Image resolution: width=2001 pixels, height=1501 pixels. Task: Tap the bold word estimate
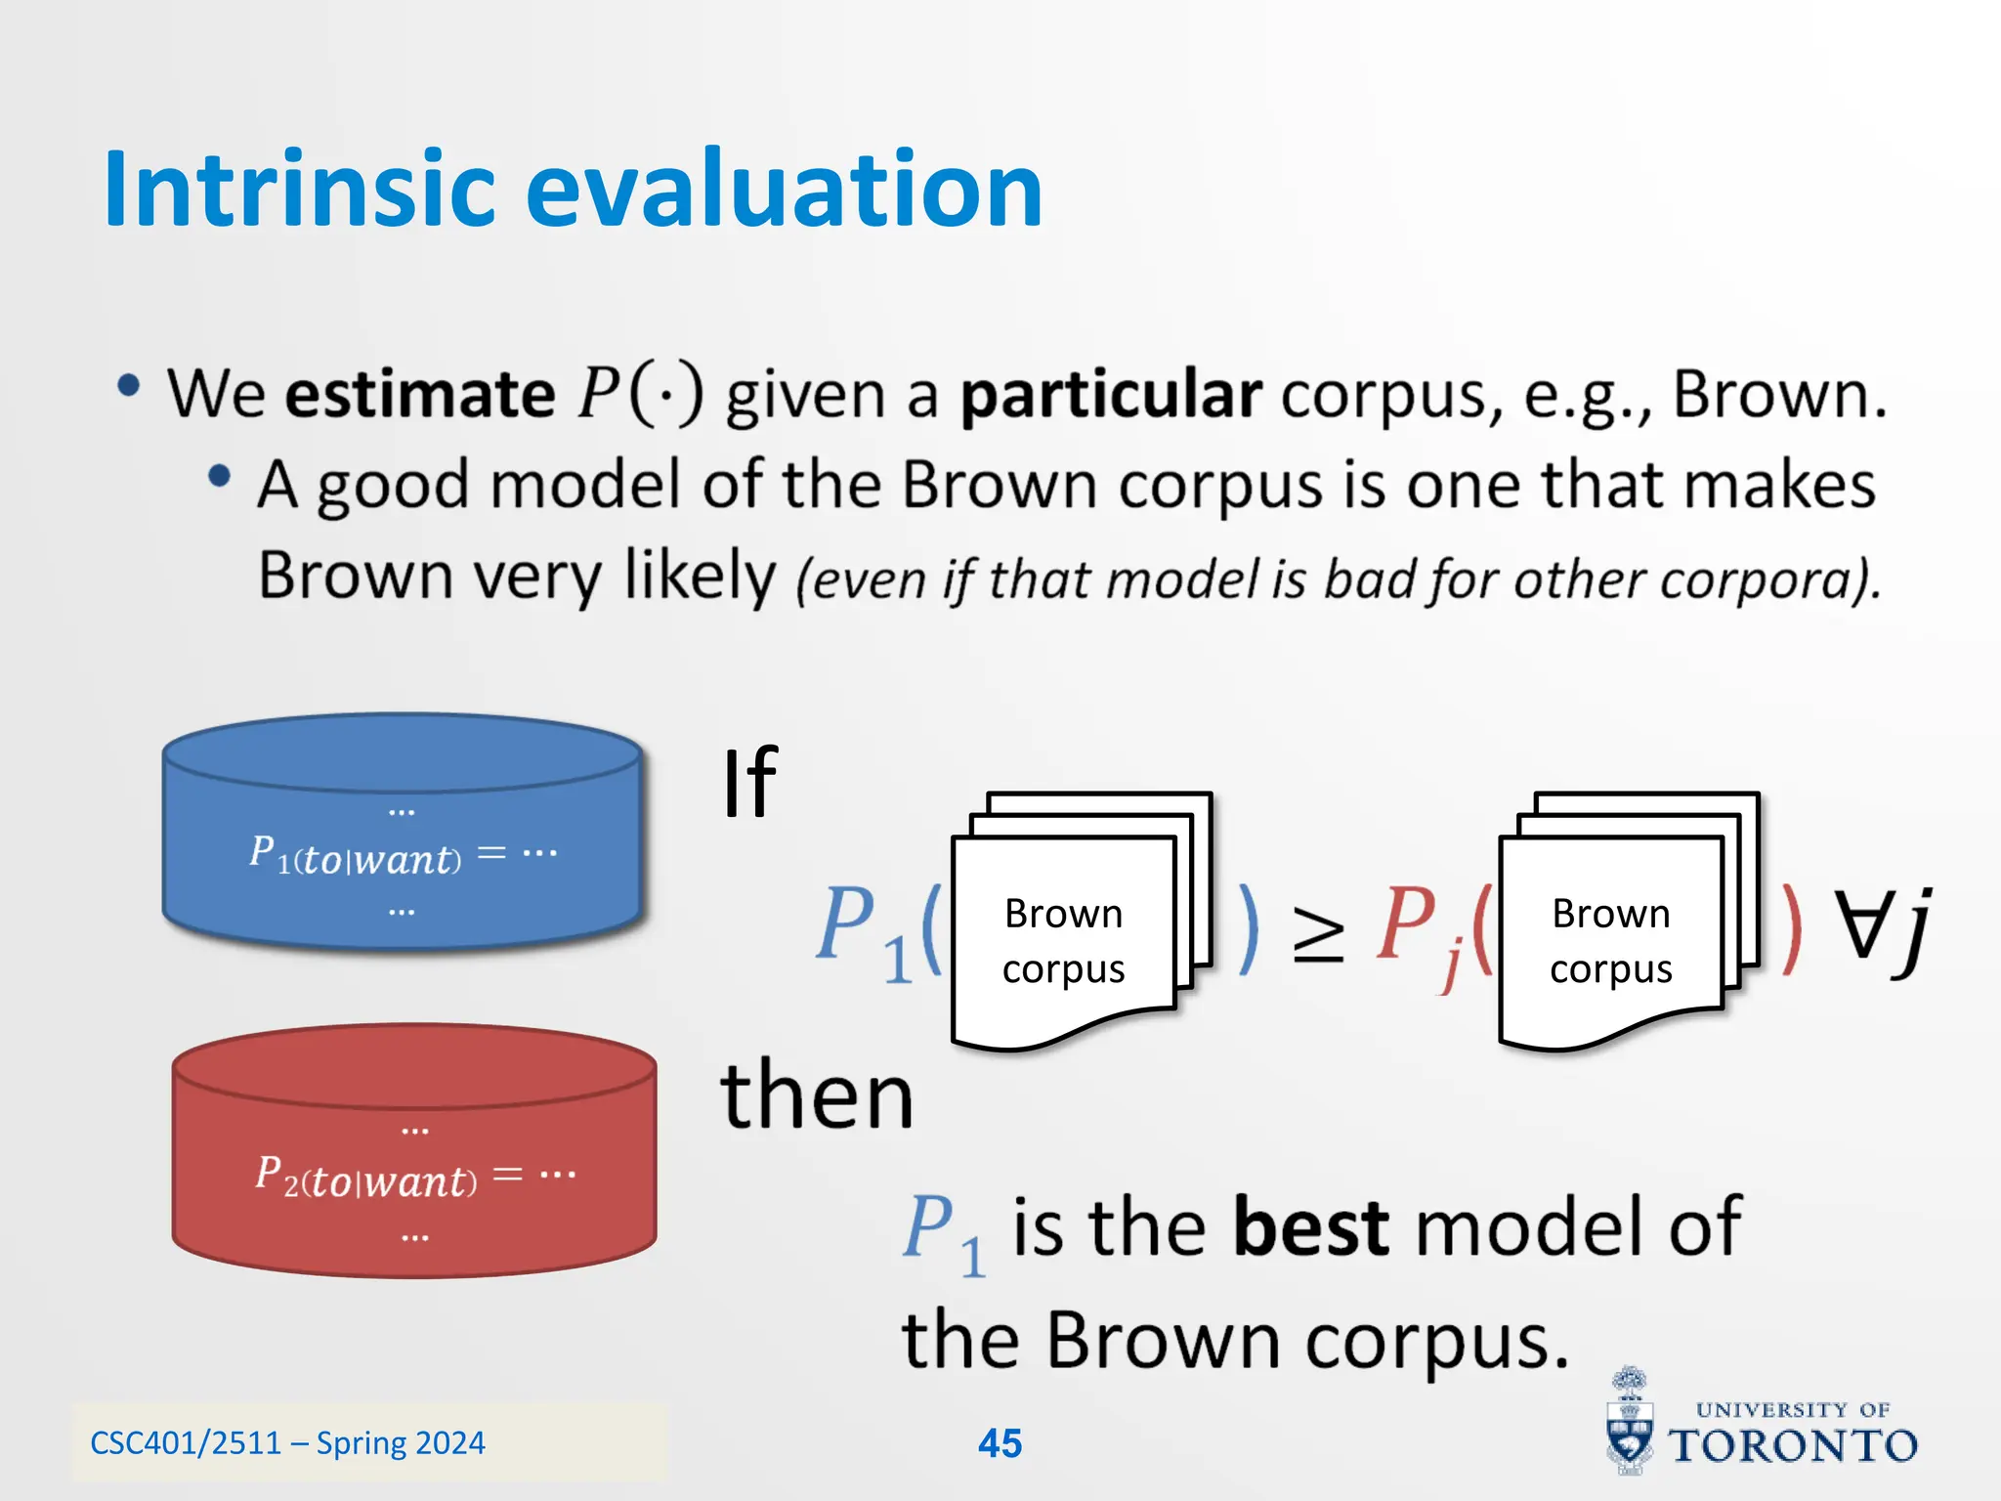click(420, 394)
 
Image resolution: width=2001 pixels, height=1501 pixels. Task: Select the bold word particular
click(1111, 396)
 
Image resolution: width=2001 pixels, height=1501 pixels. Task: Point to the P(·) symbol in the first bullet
click(640, 394)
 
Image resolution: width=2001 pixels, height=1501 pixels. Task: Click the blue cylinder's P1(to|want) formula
click(356, 855)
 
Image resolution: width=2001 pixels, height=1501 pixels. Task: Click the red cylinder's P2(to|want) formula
click(366, 1177)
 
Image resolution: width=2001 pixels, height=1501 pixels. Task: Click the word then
click(817, 1096)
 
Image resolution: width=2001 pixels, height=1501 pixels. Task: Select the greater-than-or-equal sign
click(1318, 933)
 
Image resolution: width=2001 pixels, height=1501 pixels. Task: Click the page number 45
click(1000, 1443)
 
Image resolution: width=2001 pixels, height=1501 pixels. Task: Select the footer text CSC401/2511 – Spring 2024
click(287, 1443)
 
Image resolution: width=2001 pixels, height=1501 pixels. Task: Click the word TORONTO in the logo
click(1793, 1446)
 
